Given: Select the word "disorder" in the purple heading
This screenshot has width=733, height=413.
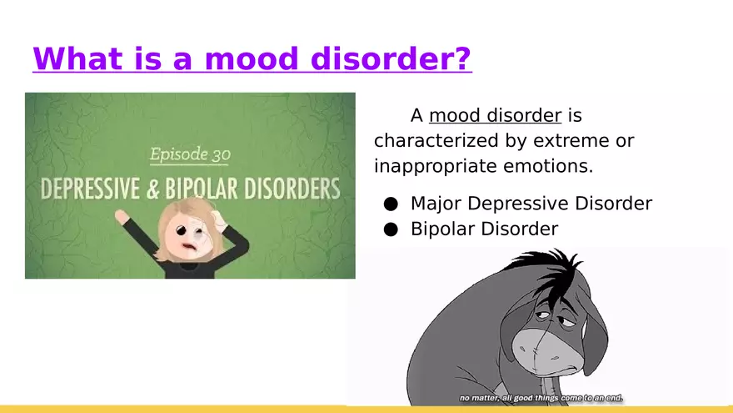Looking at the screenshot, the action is pyautogui.click(x=382, y=58).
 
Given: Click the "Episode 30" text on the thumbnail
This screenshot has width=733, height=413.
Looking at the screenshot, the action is pyautogui.click(x=190, y=154).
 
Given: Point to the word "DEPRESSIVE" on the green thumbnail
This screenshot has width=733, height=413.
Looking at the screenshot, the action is pyautogui.click(x=90, y=189).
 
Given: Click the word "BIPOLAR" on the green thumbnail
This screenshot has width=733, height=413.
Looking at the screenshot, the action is pyautogui.click(x=202, y=189).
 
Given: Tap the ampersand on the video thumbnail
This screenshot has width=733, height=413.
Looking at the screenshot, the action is pyautogui.click(x=152, y=189).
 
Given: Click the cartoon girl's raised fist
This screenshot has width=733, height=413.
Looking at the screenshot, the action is pyautogui.click(x=121, y=216).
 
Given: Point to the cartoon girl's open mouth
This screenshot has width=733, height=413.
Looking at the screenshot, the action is pyautogui.click(x=188, y=247).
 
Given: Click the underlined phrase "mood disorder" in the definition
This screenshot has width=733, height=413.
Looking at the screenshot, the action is pyautogui.click(x=495, y=115).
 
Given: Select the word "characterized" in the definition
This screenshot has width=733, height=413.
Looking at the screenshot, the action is pyautogui.click(x=436, y=140).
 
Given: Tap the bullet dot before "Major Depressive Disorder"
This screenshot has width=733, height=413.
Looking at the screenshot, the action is pyautogui.click(x=391, y=204).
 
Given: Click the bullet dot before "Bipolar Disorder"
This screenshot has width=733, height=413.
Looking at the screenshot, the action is pyautogui.click(x=391, y=229).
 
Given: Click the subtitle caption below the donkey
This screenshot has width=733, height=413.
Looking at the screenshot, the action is pyautogui.click(x=541, y=398).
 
